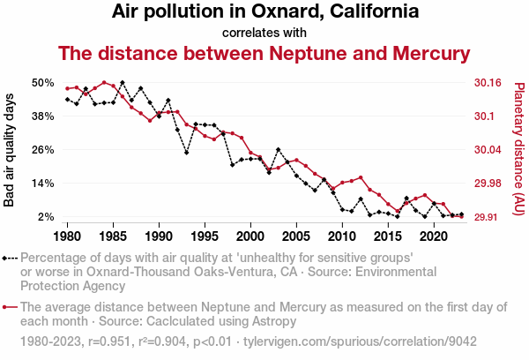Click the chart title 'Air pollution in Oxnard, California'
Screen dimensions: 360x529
click(264, 12)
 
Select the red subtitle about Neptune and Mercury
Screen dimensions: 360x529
click(264, 54)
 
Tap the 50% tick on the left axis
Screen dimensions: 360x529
click(43, 82)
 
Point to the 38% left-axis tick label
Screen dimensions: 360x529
click(43, 116)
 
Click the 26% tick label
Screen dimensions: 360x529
click(43, 149)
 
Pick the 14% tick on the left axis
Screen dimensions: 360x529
click(43, 183)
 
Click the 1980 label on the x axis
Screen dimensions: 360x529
click(67, 236)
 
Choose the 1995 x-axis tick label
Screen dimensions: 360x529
click(205, 236)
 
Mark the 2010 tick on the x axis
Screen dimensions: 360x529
click(342, 236)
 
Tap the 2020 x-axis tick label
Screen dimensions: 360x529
click(433, 236)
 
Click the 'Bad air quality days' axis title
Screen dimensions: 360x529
click(10, 149)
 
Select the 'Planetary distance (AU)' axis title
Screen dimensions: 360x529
click(518, 149)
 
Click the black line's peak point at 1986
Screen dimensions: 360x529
click(123, 83)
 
